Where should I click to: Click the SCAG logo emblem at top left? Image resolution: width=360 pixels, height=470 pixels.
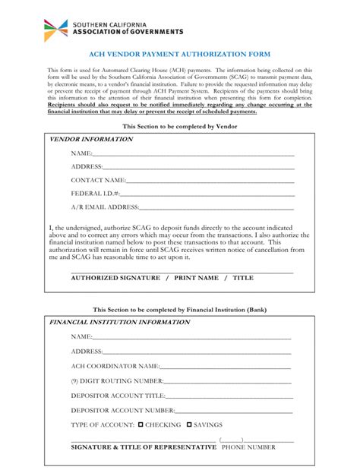pyautogui.click(x=55, y=30)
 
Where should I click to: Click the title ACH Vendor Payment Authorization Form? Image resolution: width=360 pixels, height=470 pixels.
pyautogui.click(x=179, y=55)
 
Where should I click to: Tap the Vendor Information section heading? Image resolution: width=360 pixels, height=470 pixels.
pyautogui.click(x=91, y=140)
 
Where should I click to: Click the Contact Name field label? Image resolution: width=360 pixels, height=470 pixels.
pyautogui.click(x=98, y=180)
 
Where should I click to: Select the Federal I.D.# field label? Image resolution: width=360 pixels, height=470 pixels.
pyautogui.click(x=95, y=194)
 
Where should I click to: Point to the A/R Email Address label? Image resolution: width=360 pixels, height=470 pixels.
pyautogui.click(x=105, y=207)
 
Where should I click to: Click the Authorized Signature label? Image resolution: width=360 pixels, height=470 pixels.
pyautogui.click(x=117, y=278)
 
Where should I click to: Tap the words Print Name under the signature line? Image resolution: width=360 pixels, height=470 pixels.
pyautogui.click(x=196, y=278)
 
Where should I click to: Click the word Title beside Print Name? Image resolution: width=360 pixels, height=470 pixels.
pyautogui.click(x=243, y=278)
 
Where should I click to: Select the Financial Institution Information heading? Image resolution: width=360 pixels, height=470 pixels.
pyautogui.click(x=119, y=322)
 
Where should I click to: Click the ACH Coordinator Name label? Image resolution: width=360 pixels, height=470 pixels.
pyautogui.click(x=115, y=366)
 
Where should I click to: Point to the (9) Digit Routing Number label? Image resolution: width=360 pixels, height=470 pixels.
pyautogui.click(x=117, y=380)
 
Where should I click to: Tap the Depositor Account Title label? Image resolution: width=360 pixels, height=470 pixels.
pyautogui.click(x=118, y=396)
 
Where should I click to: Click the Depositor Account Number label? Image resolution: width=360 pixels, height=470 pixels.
pyautogui.click(x=123, y=410)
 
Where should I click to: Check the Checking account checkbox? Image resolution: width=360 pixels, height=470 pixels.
pyautogui.click(x=141, y=424)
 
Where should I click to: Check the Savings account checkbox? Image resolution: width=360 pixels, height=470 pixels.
pyautogui.click(x=190, y=424)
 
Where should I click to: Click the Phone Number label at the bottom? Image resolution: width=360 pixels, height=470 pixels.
pyautogui.click(x=248, y=448)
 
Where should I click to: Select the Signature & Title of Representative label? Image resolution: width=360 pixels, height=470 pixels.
pyautogui.click(x=144, y=448)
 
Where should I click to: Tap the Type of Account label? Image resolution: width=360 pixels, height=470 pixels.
pyautogui.click(x=103, y=425)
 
